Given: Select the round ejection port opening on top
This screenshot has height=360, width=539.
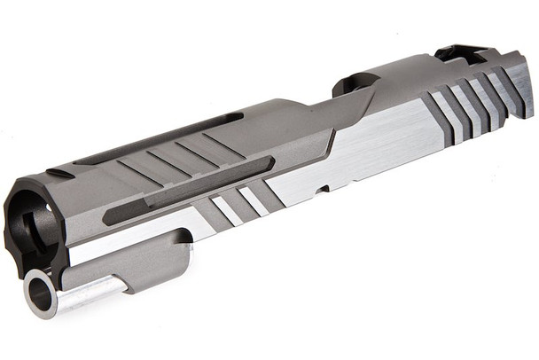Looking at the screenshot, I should coord(355,84).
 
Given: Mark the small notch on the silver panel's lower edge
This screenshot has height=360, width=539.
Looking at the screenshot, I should coord(325,189).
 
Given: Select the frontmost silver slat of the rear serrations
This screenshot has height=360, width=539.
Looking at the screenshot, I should coord(442,115).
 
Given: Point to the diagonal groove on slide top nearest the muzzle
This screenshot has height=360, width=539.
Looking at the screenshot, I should coord(133,168).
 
